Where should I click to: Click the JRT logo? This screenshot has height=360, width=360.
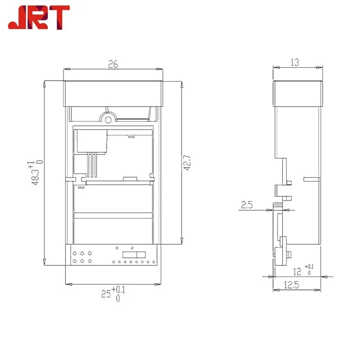click(39, 17)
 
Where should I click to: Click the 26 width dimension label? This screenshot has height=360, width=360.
click(113, 64)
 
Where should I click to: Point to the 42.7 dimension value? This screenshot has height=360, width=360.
click(188, 163)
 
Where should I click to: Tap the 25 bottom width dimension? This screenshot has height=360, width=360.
click(106, 294)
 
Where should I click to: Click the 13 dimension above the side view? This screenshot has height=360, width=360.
click(295, 62)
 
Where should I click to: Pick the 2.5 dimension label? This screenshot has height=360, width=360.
click(247, 205)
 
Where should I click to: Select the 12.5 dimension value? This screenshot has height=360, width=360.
click(291, 285)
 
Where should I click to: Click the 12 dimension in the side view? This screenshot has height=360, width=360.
click(297, 272)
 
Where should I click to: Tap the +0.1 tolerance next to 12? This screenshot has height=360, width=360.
click(309, 266)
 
